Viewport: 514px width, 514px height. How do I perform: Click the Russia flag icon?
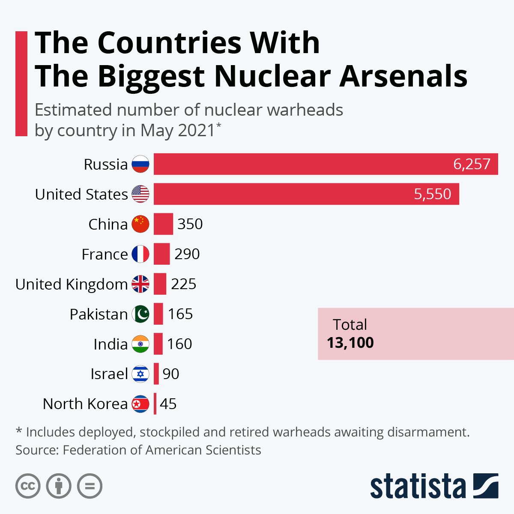pyautogui.click(x=140, y=164)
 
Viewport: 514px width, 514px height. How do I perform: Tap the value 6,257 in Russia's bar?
pyautogui.click(x=472, y=164)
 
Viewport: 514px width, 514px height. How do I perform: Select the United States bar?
pyautogui.click(x=306, y=194)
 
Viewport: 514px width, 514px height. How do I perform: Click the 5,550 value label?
pyautogui.click(x=432, y=194)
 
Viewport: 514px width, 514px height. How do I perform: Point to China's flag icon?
pyautogui.click(x=140, y=224)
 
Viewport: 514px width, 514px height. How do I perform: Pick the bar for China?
pyautogui.click(x=163, y=224)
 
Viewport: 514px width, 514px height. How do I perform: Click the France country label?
pyautogui.click(x=105, y=254)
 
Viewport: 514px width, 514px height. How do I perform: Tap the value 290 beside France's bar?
pyautogui.click(x=187, y=254)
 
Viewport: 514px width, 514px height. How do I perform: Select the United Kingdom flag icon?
pyautogui.click(x=140, y=284)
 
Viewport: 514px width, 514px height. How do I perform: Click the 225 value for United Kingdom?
pyautogui.click(x=183, y=284)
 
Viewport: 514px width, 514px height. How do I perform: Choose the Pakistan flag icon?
pyautogui.click(x=140, y=314)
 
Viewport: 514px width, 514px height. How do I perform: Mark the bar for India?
pyautogui.click(x=158, y=344)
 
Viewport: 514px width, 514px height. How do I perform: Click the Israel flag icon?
pyautogui.click(x=140, y=374)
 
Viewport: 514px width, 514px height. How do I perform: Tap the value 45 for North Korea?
pyautogui.click(x=168, y=404)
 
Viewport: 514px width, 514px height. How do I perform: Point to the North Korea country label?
pyautogui.click(x=85, y=404)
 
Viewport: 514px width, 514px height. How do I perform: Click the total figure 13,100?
pyautogui.click(x=350, y=343)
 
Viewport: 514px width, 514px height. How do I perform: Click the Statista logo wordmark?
pyautogui.click(x=418, y=487)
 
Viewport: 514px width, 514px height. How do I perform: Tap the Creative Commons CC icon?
pyautogui.click(x=28, y=486)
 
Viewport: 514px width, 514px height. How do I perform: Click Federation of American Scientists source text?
pyautogui.click(x=162, y=450)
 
